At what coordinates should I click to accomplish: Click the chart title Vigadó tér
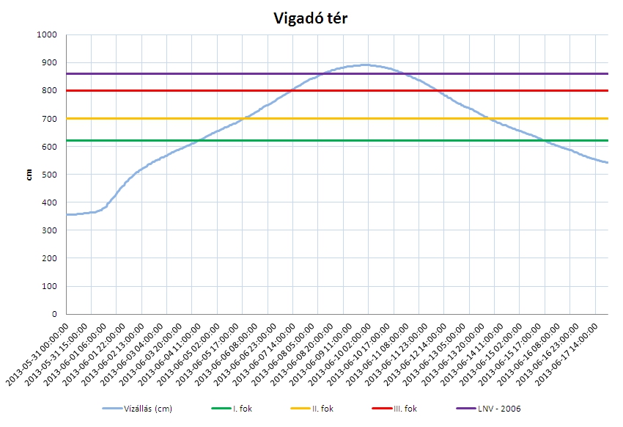point(310,18)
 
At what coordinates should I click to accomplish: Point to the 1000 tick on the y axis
point(47,34)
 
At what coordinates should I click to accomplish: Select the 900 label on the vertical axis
point(49,62)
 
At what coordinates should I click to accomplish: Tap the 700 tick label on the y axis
point(49,119)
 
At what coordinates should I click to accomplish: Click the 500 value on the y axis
point(49,175)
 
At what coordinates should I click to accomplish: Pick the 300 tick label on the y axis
point(49,230)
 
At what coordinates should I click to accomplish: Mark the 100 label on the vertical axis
point(49,286)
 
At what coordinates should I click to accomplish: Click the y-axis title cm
point(29,175)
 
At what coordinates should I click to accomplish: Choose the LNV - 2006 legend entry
point(506,409)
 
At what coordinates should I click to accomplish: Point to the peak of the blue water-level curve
point(365,65)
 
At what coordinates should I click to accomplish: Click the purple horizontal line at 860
point(183,73)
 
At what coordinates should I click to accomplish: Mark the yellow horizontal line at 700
point(147,118)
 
